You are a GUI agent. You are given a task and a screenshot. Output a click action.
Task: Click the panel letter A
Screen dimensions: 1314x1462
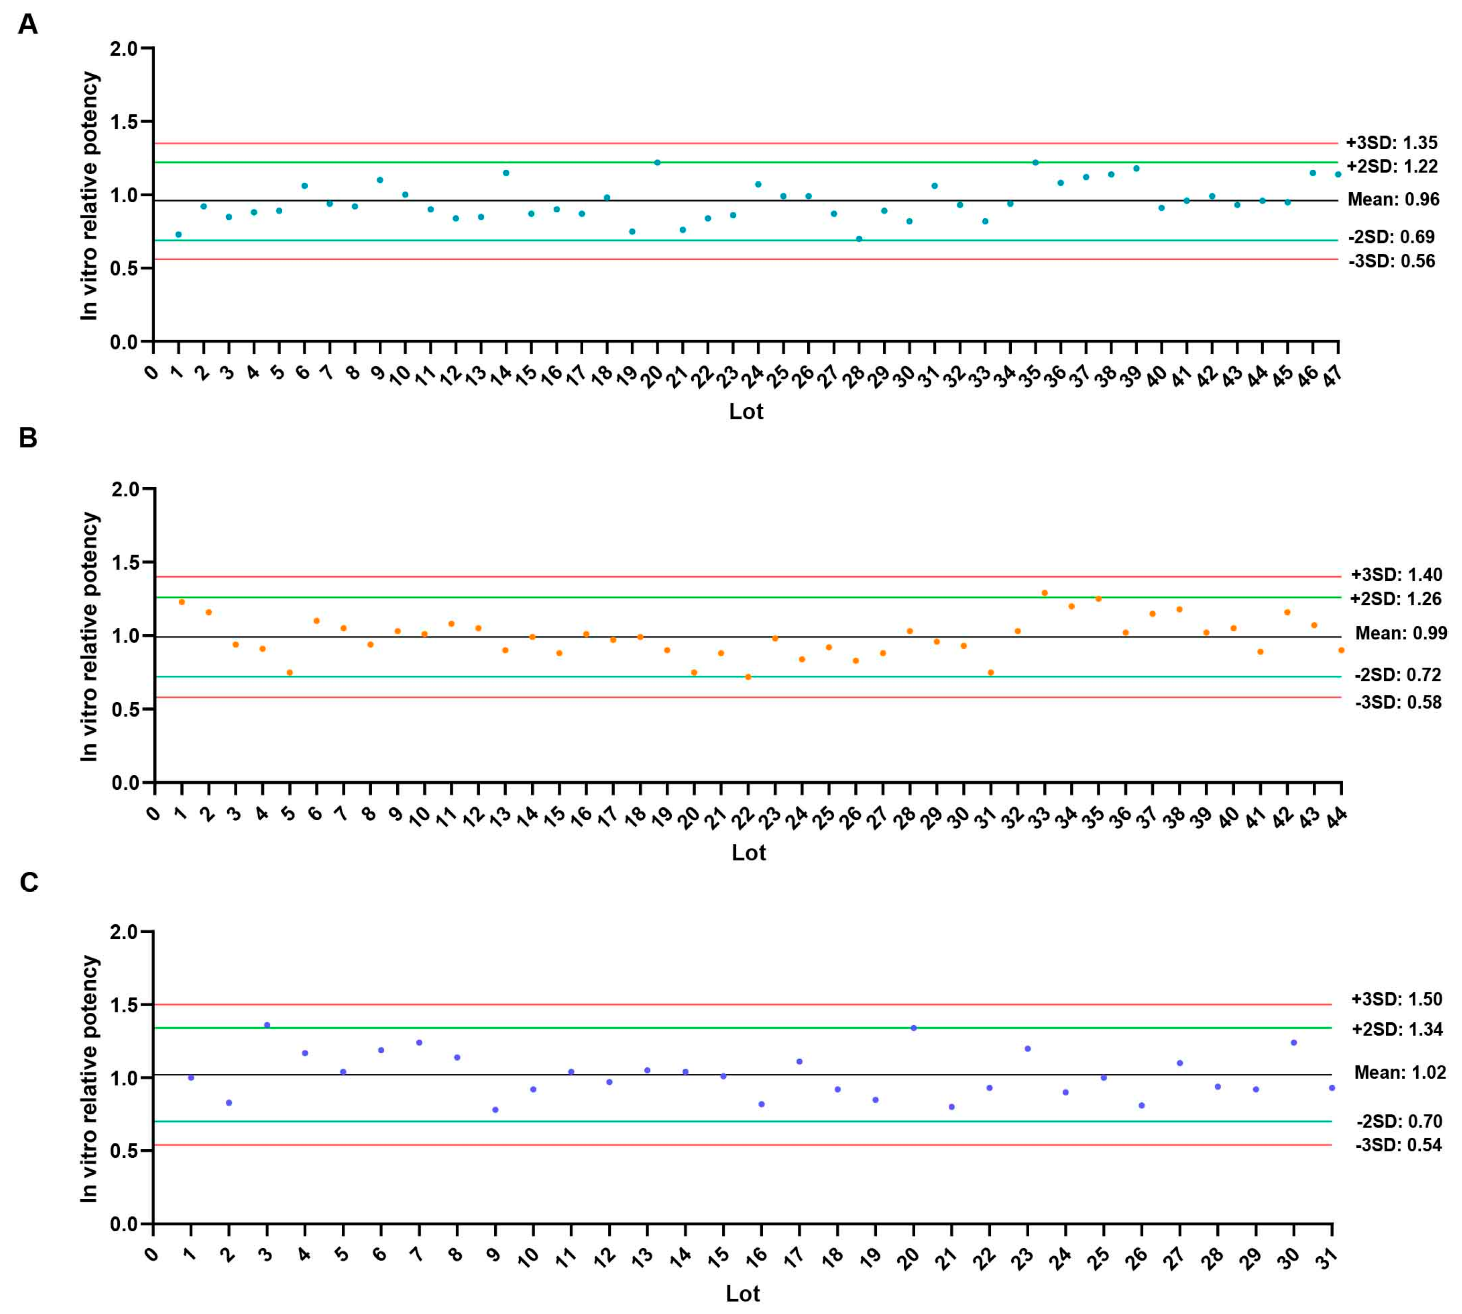click(27, 25)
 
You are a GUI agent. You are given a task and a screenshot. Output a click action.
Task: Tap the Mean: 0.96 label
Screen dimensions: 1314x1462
click(1393, 199)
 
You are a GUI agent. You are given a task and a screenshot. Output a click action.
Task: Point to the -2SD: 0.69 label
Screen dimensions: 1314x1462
click(1391, 237)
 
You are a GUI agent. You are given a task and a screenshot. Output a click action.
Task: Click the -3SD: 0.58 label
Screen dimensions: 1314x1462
click(1398, 702)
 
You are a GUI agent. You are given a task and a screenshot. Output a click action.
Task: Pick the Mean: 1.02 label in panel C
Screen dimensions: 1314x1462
click(1399, 1072)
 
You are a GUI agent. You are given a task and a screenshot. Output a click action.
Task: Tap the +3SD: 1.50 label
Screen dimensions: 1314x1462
click(1396, 999)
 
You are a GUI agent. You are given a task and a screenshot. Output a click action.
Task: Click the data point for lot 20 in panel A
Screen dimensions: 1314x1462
click(657, 162)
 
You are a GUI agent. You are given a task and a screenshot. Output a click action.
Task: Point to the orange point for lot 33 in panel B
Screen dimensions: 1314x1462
click(1044, 593)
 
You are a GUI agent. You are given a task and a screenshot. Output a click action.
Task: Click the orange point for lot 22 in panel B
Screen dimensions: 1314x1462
click(748, 677)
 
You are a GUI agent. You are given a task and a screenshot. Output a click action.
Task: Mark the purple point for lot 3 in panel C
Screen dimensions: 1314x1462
click(267, 1025)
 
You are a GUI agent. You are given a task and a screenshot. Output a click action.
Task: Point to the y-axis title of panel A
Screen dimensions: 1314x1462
click(89, 196)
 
